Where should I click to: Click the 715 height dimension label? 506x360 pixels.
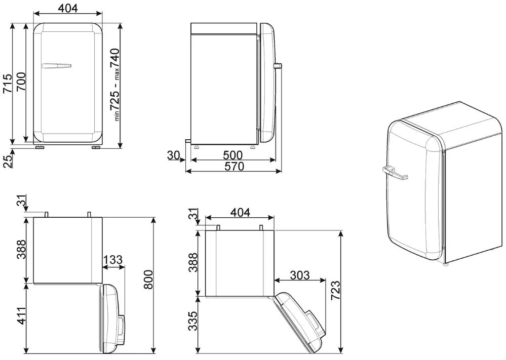click(7, 84)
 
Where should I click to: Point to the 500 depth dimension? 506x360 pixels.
click(232, 155)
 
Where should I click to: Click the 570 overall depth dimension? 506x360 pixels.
click(234, 167)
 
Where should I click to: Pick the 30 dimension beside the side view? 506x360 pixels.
click(173, 155)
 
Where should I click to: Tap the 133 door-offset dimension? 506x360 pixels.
click(113, 260)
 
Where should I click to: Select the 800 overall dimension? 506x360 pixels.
click(148, 279)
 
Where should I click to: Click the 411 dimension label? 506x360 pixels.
click(21, 316)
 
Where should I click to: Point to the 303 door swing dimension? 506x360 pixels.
click(299, 275)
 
